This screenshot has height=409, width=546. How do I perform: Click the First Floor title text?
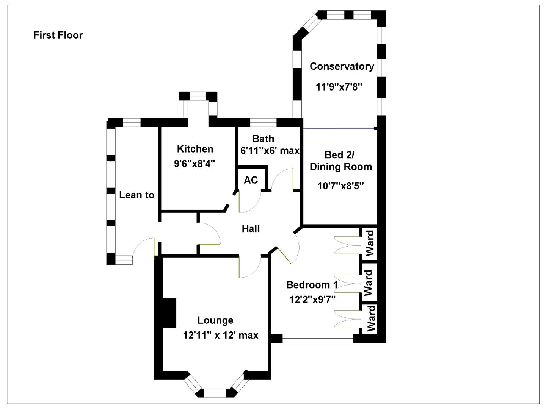[58, 35]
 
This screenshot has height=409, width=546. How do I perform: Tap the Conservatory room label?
[342, 66]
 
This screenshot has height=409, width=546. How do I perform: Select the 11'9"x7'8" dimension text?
[339, 87]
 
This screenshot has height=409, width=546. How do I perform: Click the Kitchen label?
[195, 149]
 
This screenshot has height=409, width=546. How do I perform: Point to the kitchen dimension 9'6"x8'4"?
[195, 164]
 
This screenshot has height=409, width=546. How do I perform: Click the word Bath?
[263, 139]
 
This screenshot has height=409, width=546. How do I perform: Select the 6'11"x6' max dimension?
[270, 151]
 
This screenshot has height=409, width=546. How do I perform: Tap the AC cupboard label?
[251, 180]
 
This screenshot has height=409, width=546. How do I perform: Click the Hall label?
[251, 229]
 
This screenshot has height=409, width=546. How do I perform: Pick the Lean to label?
[137, 195]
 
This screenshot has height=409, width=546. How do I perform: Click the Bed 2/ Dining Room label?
[341, 161]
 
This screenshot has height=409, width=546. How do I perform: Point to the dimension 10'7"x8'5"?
[340, 186]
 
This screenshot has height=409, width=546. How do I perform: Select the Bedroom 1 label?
[312, 285]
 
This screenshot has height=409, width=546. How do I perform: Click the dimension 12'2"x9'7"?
[312, 300]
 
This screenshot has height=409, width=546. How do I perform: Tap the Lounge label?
[215, 320]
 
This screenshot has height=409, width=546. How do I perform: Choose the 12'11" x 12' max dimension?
[221, 335]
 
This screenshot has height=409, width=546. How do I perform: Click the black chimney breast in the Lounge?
[169, 313]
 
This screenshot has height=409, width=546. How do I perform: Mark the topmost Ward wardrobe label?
[369, 243]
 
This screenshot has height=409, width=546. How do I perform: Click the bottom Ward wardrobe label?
[370, 319]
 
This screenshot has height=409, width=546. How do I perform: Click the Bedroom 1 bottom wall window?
[318, 339]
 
